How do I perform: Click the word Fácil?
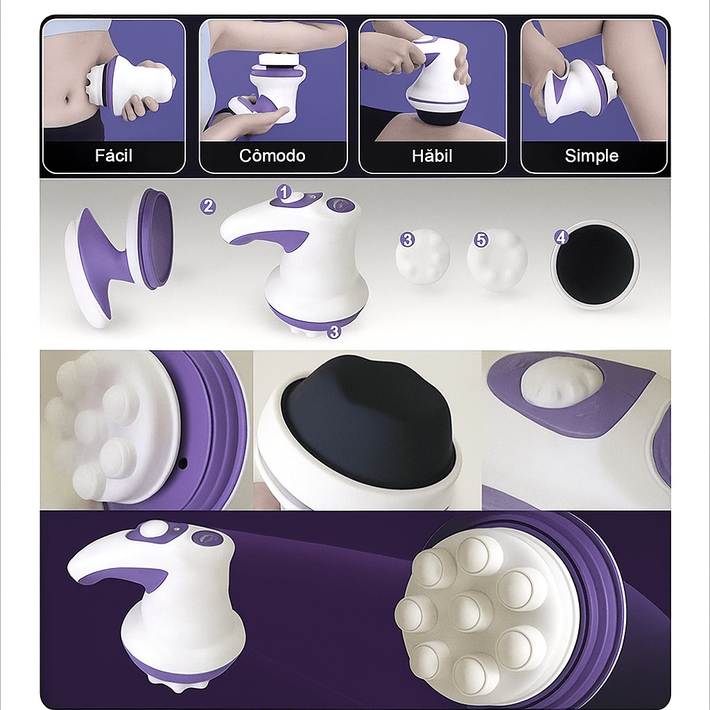pos(114,156)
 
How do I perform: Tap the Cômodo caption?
pos(272,156)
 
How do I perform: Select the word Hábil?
pos(432,156)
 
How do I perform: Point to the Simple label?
pos(591,156)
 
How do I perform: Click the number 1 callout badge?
pos(284,193)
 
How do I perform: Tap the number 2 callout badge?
pos(208,207)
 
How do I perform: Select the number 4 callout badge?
pos(562,237)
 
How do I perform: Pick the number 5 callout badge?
pos(481,239)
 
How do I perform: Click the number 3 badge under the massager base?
pos(334,331)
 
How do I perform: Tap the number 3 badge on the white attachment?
pos(408,239)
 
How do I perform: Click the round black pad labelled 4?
pos(594,264)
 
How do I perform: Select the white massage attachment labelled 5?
pos(497,260)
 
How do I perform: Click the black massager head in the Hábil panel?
pos(439,116)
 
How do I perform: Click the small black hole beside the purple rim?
pos(183,462)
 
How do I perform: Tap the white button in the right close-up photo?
pos(560,382)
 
